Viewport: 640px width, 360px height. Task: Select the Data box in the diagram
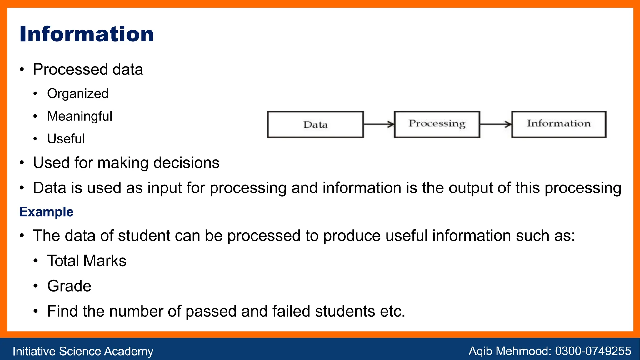315,124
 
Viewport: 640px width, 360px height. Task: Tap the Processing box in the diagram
437,124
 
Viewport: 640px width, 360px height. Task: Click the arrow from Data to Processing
379,124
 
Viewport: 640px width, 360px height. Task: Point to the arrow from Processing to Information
496,124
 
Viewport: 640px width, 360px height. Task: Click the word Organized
78,93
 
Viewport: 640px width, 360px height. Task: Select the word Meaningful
80,116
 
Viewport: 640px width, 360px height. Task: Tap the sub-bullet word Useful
66,139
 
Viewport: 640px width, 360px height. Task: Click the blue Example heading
46,212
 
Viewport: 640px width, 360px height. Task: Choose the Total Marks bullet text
87,261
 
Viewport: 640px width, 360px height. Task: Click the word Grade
69,286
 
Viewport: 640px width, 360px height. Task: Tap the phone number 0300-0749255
593,351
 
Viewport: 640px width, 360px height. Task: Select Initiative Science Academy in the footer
83,351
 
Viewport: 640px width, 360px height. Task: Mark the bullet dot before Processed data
22,69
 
